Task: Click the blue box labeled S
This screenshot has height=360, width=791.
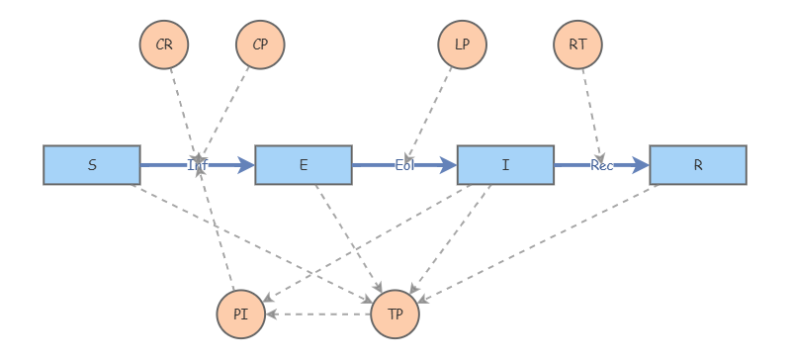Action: point(92,165)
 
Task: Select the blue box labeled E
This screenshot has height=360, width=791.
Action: point(304,165)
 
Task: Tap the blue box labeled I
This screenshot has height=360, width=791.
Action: point(505,165)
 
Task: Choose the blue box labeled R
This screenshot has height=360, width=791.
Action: point(698,165)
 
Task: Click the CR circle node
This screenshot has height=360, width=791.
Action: point(164,45)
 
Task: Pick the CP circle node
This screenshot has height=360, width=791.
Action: point(260,45)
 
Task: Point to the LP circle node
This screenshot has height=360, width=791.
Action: point(462,45)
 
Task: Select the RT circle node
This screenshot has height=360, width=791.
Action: point(578,45)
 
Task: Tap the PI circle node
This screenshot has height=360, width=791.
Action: point(240,315)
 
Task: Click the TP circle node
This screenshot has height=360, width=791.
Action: point(395,315)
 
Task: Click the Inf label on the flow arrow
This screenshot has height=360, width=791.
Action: point(198,165)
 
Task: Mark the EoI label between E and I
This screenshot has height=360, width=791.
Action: point(404,165)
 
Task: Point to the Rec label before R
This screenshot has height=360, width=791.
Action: point(602,165)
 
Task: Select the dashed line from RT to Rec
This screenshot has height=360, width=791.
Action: point(590,109)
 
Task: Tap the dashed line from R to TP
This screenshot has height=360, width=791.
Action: point(539,242)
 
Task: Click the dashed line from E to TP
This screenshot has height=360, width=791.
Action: point(347,237)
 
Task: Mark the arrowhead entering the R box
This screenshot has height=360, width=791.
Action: point(643,165)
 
